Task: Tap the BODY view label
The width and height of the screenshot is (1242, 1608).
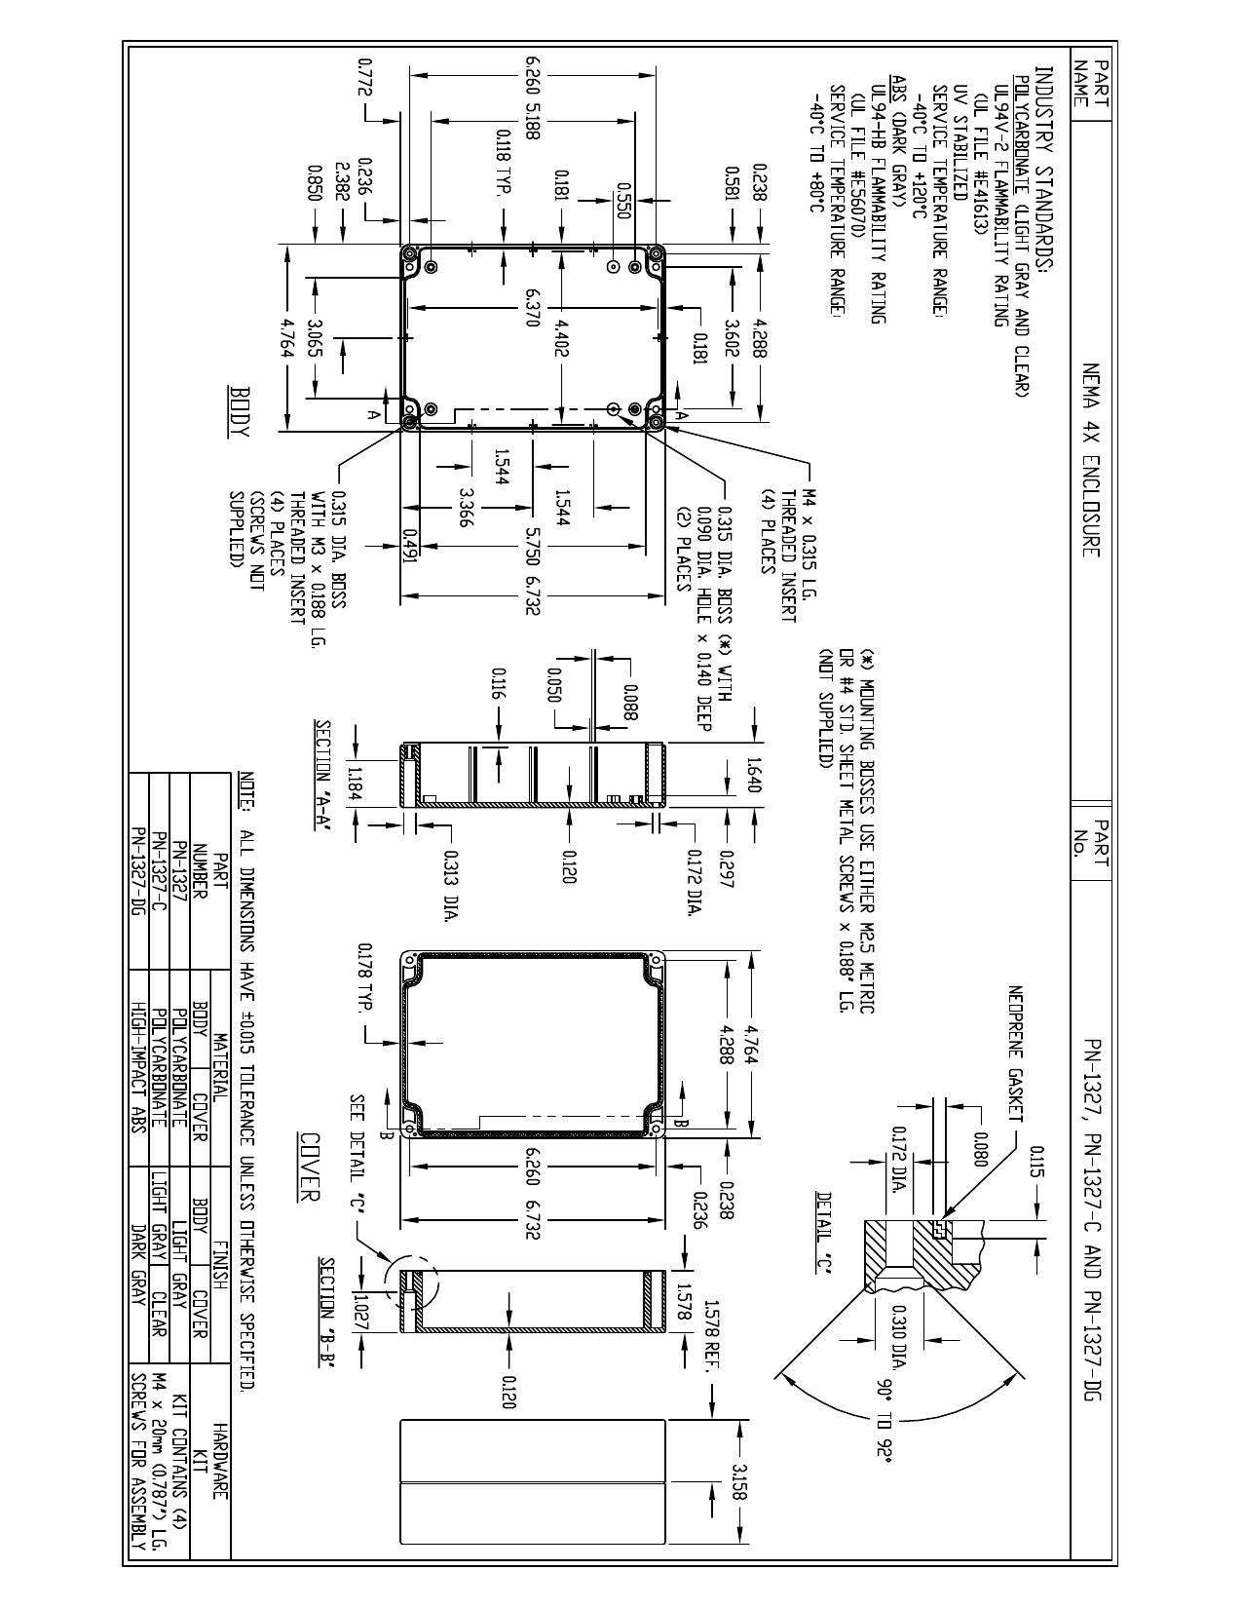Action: (242, 410)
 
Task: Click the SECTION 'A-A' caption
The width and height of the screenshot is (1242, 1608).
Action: (323, 777)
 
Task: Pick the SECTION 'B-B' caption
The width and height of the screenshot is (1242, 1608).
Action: (326, 1315)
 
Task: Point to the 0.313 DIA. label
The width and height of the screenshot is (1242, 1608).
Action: (450, 884)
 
